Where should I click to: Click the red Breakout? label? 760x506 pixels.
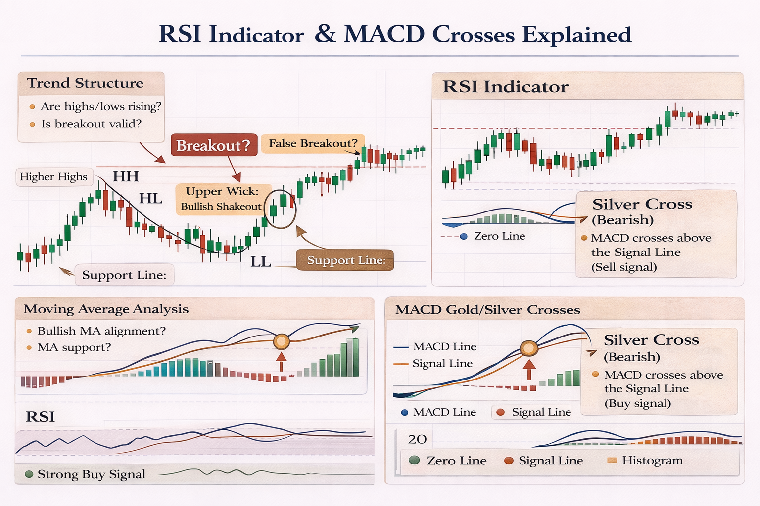click(214, 145)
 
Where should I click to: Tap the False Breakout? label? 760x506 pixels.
click(313, 143)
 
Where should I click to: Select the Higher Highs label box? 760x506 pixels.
click(53, 177)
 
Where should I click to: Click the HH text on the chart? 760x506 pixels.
click(126, 176)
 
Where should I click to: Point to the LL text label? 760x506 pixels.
click(260, 262)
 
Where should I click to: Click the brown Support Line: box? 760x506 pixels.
click(345, 260)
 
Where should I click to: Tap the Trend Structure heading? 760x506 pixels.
click(85, 83)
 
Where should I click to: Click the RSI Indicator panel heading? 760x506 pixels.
click(505, 87)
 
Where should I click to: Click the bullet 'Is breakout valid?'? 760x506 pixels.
click(91, 124)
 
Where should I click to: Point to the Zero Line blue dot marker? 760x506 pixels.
click(464, 236)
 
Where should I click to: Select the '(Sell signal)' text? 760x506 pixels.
click(624, 267)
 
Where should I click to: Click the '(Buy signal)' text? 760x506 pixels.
click(637, 403)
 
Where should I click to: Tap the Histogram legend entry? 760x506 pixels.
click(652, 461)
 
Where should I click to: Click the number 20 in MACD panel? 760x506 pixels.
click(417, 439)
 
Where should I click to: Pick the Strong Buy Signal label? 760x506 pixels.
click(91, 474)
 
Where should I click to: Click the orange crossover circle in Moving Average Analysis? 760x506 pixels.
click(282, 341)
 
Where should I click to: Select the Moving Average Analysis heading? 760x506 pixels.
click(106, 309)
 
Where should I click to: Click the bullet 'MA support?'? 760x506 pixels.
click(74, 347)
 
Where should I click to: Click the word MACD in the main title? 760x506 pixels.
click(384, 35)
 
